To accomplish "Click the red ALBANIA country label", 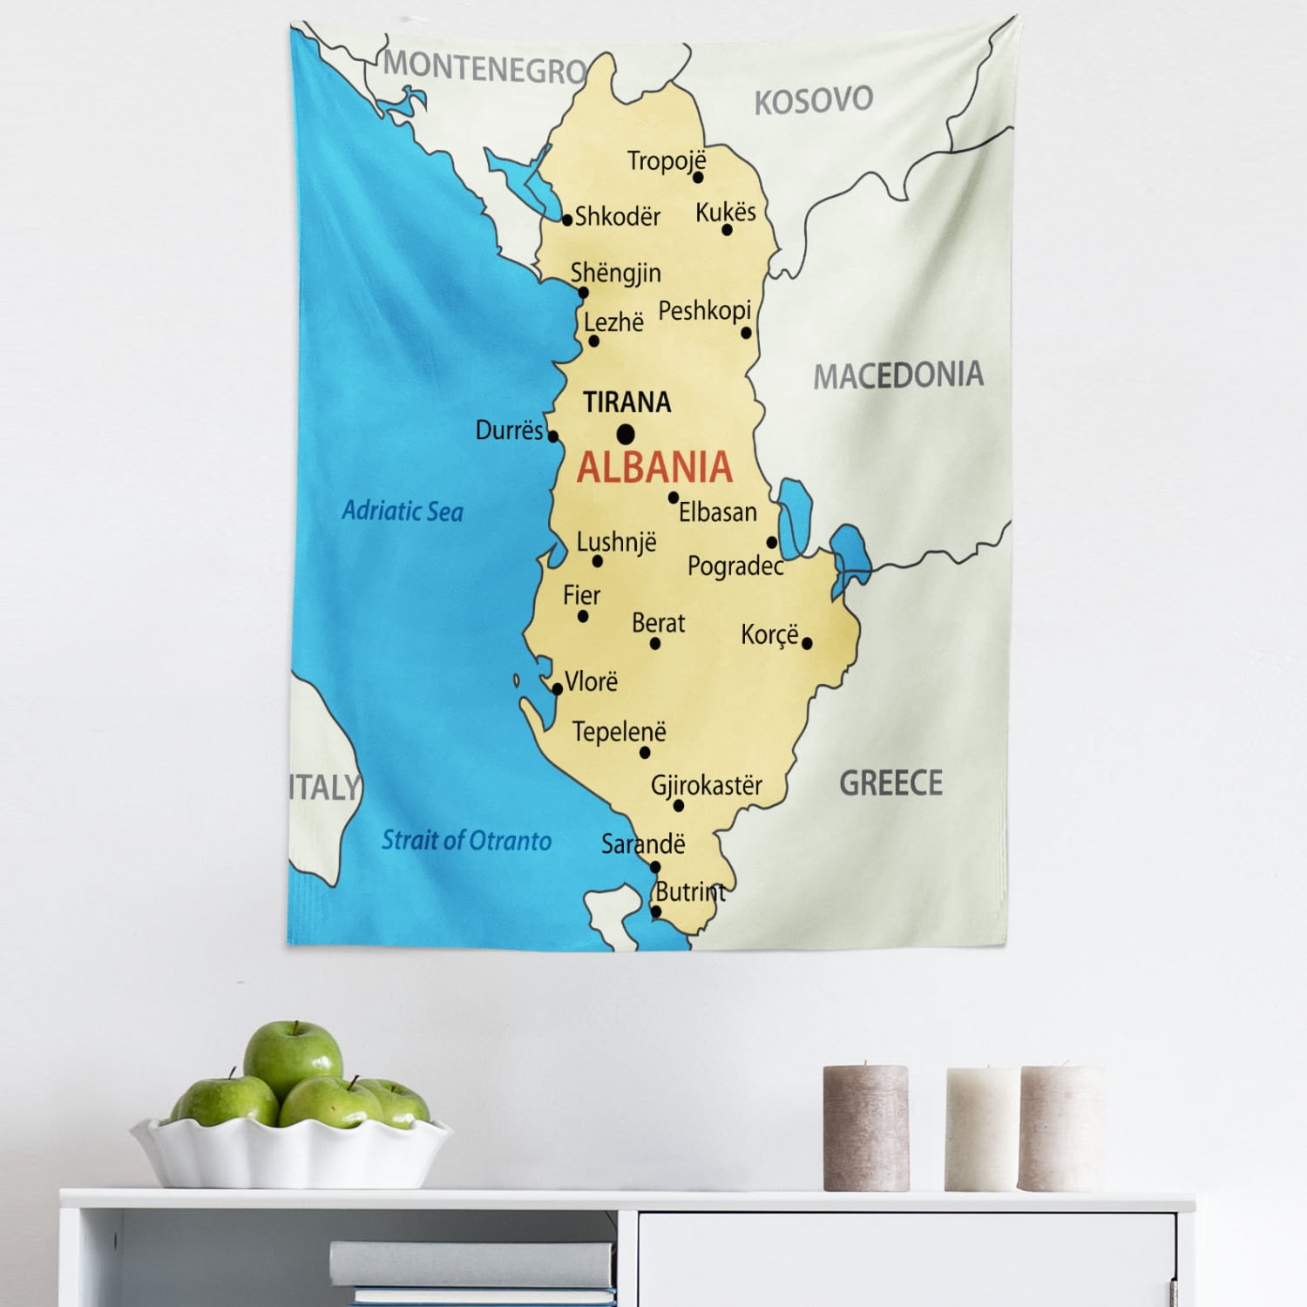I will point(654,468).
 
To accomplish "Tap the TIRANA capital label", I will point(626,403).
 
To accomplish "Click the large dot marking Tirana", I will point(626,434).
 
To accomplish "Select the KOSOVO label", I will point(813,100).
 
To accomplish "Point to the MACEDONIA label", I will point(898,376).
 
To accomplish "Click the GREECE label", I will point(891,782).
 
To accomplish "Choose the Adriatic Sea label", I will point(402,511).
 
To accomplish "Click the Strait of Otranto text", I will point(466,840).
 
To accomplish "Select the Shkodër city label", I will point(617,216).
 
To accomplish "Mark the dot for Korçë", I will point(807,643).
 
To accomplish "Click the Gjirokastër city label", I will point(706,785).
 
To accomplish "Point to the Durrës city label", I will point(509,430).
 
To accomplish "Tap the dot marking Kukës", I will point(727,230).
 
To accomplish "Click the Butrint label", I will point(690,892).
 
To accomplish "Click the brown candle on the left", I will point(865,1128).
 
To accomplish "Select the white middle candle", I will point(983,1129).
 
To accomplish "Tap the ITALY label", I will point(324,787).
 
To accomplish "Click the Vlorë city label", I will point(591,681).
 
